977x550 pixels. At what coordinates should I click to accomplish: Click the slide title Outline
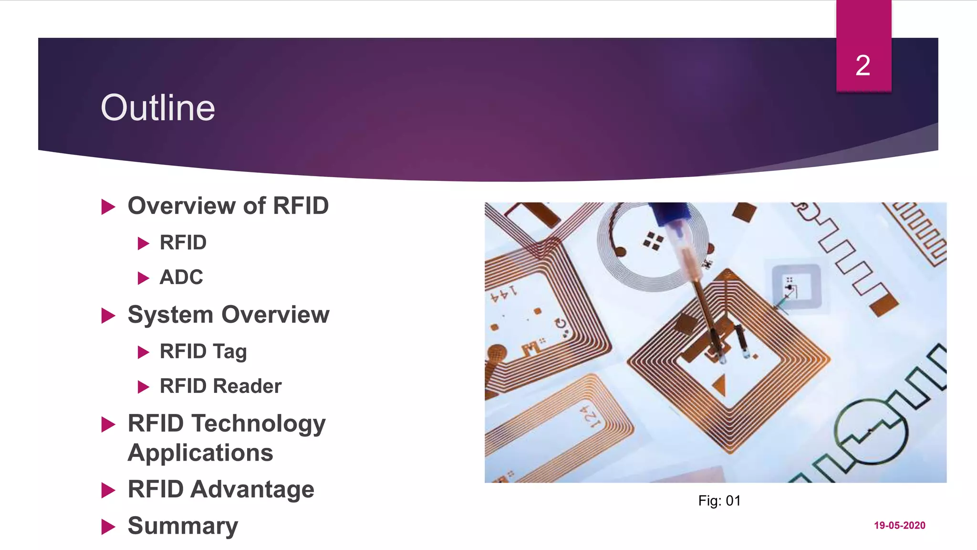(x=157, y=108)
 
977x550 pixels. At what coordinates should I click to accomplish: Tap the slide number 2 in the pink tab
(x=863, y=65)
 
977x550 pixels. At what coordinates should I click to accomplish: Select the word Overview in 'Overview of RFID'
(x=182, y=206)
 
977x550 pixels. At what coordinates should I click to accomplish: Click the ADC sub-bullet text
(x=181, y=277)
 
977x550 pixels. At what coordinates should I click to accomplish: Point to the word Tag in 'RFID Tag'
(x=230, y=352)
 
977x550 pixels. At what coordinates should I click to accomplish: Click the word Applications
(x=200, y=453)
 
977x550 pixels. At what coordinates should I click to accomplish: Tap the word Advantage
(x=252, y=489)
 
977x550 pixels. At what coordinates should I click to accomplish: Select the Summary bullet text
(x=183, y=526)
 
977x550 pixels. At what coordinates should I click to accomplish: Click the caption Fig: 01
(x=719, y=500)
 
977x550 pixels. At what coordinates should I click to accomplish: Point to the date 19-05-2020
(x=899, y=525)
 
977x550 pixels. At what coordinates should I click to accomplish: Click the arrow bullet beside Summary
(x=108, y=527)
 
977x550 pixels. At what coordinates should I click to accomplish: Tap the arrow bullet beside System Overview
(x=108, y=316)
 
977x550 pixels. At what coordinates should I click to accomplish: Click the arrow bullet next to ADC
(x=143, y=278)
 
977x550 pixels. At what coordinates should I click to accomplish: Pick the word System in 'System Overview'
(x=170, y=315)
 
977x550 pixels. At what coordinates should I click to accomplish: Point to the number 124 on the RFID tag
(x=592, y=417)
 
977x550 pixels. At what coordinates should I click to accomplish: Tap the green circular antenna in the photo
(x=870, y=432)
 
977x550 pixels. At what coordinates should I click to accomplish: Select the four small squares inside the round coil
(x=653, y=241)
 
